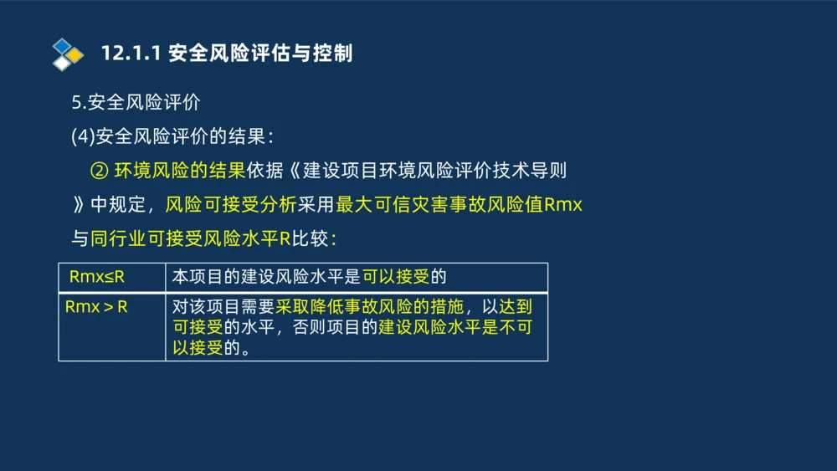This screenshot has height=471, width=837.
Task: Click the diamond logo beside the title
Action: (x=68, y=54)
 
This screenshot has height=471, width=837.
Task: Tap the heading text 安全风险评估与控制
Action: (x=260, y=54)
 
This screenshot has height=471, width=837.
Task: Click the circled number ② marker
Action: (x=99, y=171)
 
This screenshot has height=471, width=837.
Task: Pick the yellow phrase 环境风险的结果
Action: (x=179, y=171)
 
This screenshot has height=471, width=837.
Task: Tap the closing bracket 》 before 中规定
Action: (x=78, y=205)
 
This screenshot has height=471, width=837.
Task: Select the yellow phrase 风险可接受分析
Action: (x=230, y=205)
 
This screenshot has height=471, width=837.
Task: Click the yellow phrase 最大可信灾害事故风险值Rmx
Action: (x=459, y=205)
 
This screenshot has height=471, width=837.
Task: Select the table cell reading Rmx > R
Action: (x=96, y=307)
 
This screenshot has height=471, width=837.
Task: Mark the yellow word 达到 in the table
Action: (x=515, y=307)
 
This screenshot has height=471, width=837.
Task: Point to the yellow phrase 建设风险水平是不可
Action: (x=455, y=328)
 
